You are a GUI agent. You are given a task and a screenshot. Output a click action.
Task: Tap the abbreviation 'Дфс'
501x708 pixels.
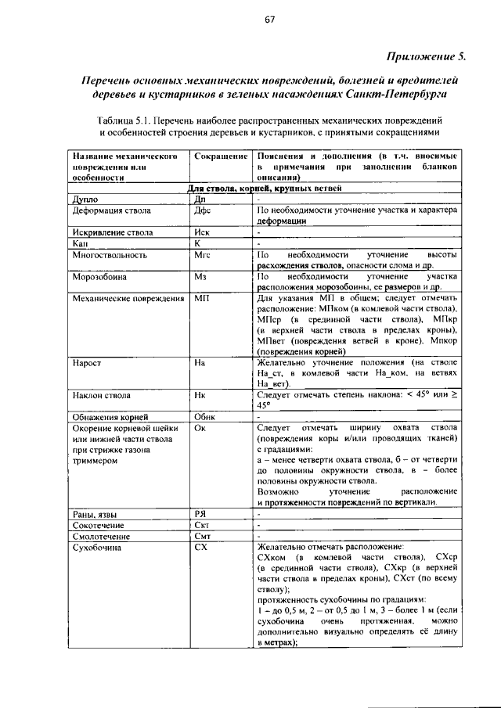coord(203,211)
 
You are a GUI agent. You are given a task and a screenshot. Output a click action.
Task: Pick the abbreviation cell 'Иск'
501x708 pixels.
coord(203,233)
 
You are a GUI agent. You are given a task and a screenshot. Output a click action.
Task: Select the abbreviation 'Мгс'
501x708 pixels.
coord(204,255)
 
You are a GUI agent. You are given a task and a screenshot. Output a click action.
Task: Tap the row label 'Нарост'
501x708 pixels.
coord(86,364)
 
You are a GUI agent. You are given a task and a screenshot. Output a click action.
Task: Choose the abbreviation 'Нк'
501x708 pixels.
coord(200,396)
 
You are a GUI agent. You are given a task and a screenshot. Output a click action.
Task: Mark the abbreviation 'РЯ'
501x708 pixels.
coord(200,513)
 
